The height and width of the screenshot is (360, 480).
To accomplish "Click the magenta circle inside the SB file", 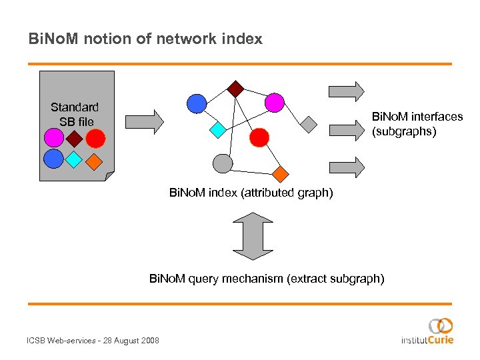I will [53, 138].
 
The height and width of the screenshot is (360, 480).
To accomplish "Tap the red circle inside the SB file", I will [96, 138].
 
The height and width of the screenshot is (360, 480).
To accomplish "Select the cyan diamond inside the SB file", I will [74, 159].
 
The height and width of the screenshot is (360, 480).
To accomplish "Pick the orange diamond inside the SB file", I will [95, 161].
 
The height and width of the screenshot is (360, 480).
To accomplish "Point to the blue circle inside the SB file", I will [53, 159].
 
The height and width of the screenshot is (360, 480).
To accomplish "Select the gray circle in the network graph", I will [223, 163].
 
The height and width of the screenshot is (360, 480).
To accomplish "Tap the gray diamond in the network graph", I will [308, 123].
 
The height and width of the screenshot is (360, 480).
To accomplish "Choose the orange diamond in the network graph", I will [281, 174].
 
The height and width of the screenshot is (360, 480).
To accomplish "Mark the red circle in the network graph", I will [259, 137].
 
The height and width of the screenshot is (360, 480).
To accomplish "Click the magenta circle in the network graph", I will [274, 103].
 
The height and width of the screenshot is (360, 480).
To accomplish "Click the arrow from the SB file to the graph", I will [145, 121].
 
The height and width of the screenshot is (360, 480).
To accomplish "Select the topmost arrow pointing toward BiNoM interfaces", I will [347, 91].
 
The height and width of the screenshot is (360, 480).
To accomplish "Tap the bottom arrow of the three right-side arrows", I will [347, 166].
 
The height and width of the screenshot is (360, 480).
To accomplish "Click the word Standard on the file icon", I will [75, 107].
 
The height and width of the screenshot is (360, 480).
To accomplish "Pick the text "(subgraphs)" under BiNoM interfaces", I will [404, 131].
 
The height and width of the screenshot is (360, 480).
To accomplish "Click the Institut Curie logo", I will [427, 331].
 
